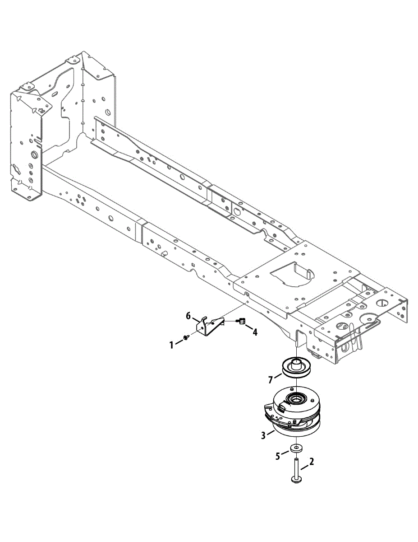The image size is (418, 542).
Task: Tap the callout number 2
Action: point(312,462)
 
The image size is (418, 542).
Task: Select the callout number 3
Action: point(263,436)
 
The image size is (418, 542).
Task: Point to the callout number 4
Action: point(255,332)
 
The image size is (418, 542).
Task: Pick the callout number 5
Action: point(279,455)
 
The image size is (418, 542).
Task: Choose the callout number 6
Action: point(188,316)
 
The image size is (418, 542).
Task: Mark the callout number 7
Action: point(271,380)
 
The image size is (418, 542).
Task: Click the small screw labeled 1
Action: point(186,337)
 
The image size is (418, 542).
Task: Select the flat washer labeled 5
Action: point(296,448)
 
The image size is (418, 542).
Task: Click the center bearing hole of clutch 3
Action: point(296,399)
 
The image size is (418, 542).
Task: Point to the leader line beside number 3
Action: point(270,433)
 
